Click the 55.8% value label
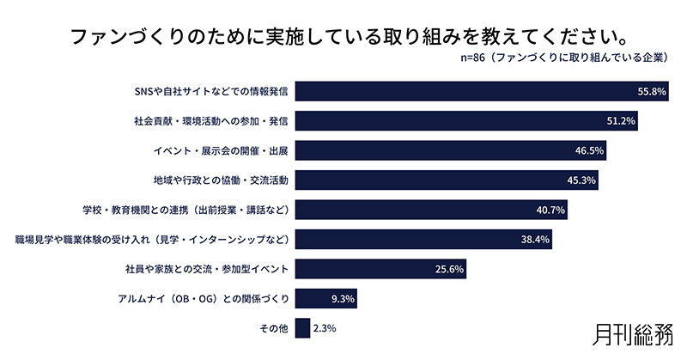click(652, 91)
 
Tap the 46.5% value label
click(589, 151)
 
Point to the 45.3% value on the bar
click(581, 180)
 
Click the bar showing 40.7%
click(429, 211)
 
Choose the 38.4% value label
click(535, 240)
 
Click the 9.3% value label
click(339, 299)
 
